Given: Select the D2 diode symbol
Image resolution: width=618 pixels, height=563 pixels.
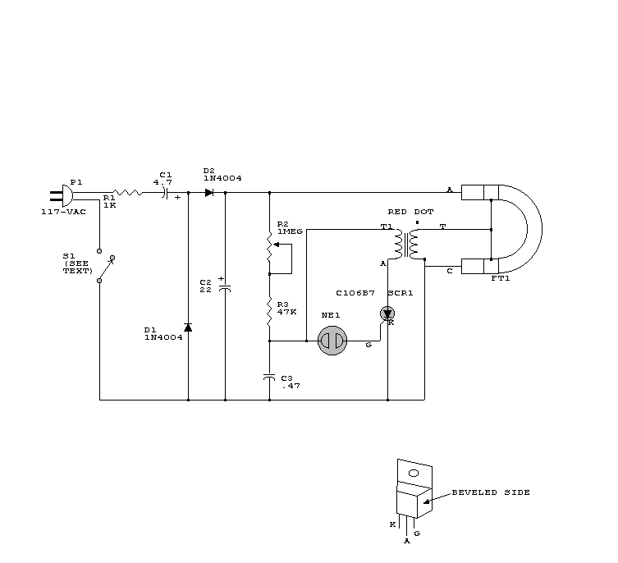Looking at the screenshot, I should point(209,193).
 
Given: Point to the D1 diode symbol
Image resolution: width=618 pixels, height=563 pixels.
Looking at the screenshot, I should point(188,327).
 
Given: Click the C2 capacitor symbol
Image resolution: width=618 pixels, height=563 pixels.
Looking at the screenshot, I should point(225,287).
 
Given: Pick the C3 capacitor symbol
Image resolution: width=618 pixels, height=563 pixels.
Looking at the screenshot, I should point(269,376).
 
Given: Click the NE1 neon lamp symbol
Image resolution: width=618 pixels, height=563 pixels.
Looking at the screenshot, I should point(333,341).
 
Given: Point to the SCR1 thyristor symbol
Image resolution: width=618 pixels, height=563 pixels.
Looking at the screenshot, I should point(387,313).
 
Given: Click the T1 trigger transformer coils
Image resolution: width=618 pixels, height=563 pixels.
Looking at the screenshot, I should point(405,244).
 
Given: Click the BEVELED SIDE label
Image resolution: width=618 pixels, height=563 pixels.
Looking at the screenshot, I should point(491,492).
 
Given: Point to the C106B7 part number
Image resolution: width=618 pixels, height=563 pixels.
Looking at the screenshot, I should point(355,292).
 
